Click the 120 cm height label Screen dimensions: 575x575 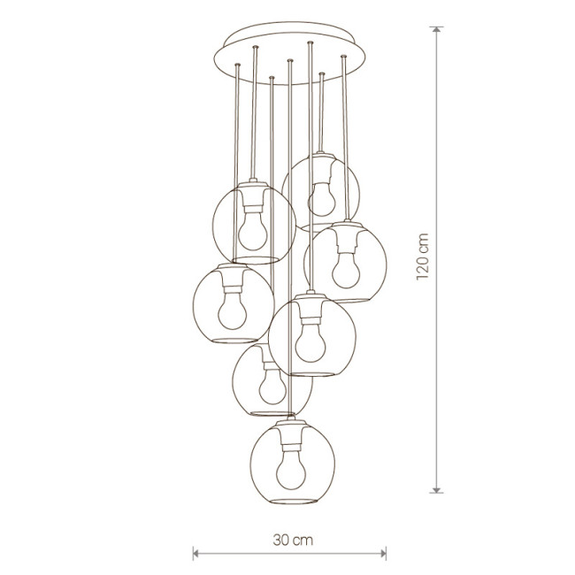point(423,257)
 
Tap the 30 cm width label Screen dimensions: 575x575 point(293,540)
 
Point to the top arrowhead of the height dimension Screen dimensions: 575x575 point(436,29)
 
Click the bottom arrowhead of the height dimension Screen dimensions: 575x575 point(436,490)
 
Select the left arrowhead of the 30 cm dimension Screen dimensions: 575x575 point(195,553)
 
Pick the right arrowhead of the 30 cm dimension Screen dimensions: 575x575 point(384,553)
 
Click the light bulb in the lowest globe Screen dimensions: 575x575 point(291,470)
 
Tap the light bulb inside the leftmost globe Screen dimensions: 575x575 point(233,310)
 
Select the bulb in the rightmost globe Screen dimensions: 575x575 point(346,271)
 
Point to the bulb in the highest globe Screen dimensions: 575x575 point(322,199)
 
